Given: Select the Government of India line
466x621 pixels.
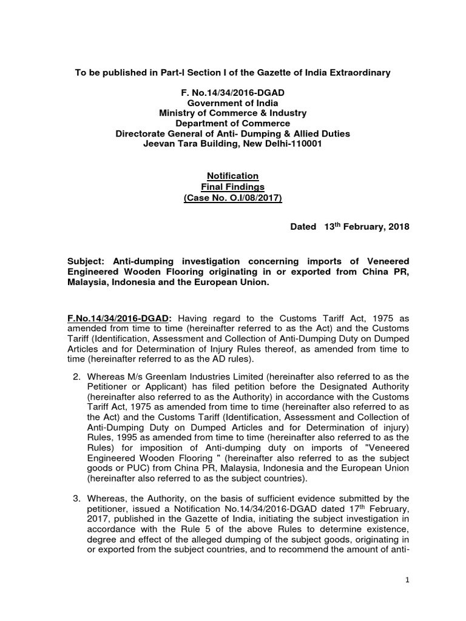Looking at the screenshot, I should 232,103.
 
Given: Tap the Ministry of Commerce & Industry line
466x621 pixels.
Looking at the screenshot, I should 232,113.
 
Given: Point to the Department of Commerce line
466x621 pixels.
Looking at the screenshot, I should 232,123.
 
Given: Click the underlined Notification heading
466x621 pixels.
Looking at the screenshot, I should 232,176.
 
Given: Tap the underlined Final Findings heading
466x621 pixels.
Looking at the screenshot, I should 232,186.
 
